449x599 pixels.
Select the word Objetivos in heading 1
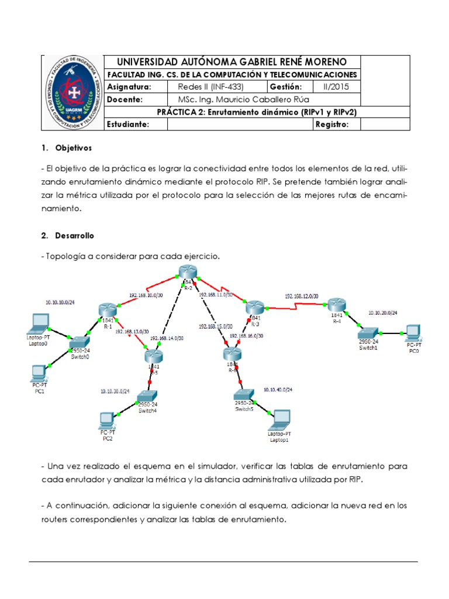pos(74,147)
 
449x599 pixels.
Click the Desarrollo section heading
pos(74,235)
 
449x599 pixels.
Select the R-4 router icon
pos(337,305)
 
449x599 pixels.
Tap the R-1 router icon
pos(108,310)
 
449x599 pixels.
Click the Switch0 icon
pos(78,342)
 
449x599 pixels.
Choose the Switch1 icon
pos(369,333)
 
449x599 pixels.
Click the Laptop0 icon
pos(39,322)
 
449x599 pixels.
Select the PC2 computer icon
pos(106,419)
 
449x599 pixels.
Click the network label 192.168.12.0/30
pos(301,296)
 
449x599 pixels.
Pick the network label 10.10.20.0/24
pos(382,314)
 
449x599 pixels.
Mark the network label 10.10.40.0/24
pos(278,389)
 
